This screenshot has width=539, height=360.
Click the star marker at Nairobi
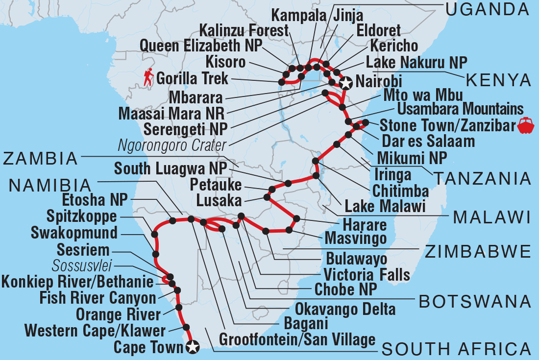pos(346,83)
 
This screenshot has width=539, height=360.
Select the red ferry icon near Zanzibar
pos(526,125)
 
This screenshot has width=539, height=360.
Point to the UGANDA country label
pos(488,9)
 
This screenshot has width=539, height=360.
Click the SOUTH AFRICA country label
pos(456,349)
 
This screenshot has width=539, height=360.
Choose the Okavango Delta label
pos(345,309)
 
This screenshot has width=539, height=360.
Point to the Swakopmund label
pos(75,232)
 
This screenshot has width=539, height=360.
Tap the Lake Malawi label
pos(385,206)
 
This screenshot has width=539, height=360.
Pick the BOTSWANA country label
pos(475,301)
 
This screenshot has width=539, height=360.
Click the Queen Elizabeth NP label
pos(201,46)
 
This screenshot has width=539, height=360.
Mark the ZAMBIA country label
pos(40,158)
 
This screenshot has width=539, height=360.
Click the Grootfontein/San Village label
pos(297,339)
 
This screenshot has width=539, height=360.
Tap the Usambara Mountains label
pos(460,108)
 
